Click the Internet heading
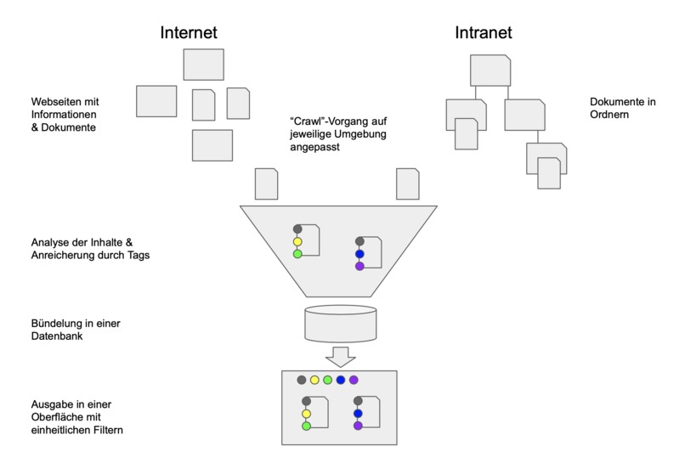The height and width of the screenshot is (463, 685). pyautogui.click(x=189, y=33)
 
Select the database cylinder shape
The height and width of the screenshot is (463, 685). pyautogui.click(x=340, y=323)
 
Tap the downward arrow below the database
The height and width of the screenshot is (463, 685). pyautogui.click(x=340, y=356)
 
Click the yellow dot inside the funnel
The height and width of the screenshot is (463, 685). pyautogui.click(x=297, y=241)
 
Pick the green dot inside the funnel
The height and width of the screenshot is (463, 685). pyautogui.click(x=297, y=254)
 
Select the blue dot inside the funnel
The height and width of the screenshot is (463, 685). pyautogui.click(x=359, y=253)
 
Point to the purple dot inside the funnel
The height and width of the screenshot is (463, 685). pyautogui.click(x=359, y=266)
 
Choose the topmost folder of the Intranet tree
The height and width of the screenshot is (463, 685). pyautogui.click(x=490, y=71)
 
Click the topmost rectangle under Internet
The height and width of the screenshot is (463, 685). pyautogui.click(x=203, y=65)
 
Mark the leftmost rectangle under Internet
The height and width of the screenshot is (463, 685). pyautogui.click(x=156, y=101)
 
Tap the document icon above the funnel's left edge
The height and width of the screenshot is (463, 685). pyautogui.click(x=267, y=184)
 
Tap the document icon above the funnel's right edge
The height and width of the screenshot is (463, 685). pyautogui.click(x=407, y=184)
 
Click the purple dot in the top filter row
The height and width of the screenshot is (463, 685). pyautogui.click(x=354, y=380)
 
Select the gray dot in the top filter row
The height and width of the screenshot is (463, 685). pyautogui.click(x=301, y=380)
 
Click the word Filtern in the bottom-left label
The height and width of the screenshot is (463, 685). pyautogui.click(x=105, y=431)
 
